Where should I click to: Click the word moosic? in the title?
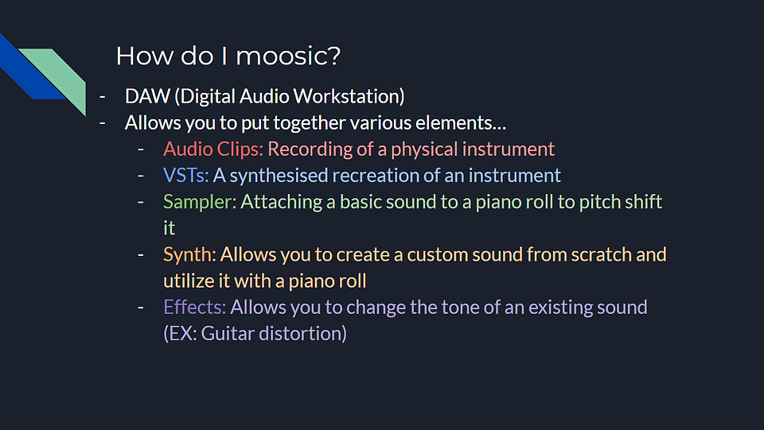(x=288, y=56)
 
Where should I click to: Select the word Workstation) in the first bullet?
(x=349, y=96)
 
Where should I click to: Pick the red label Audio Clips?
(x=213, y=149)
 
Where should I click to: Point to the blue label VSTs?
(x=185, y=175)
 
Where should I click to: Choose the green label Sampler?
(x=200, y=202)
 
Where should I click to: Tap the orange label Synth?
(x=189, y=254)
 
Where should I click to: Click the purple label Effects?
(x=194, y=307)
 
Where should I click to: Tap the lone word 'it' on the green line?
(x=169, y=228)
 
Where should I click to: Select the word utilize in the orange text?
(x=181, y=281)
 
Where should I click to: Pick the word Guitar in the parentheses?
(x=228, y=333)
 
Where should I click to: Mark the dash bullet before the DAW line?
(x=103, y=97)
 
